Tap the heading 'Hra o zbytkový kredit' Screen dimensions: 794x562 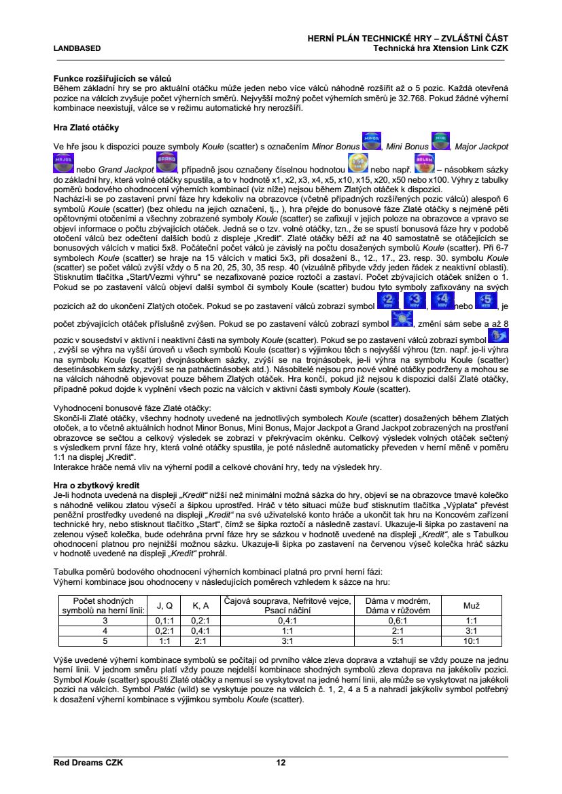click(x=95, y=487)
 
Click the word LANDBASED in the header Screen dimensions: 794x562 click(x=77, y=48)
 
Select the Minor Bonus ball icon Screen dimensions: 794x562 click(x=371, y=142)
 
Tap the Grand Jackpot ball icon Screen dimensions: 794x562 click(x=166, y=163)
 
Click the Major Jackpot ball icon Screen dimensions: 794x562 click(x=63, y=163)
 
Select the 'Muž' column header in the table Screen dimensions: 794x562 click(x=471, y=604)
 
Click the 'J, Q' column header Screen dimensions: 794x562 click(x=164, y=604)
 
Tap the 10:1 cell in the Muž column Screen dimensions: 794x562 click(x=471, y=640)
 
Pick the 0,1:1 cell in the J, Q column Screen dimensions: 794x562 click(x=164, y=620)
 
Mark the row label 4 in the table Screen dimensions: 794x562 click(x=105, y=630)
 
